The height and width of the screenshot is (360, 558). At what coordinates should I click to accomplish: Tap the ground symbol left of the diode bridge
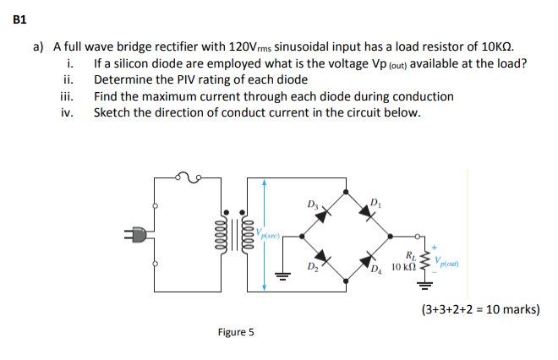(x=282, y=286)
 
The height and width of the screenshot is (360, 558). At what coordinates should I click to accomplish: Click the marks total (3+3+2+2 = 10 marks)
(x=480, y=309)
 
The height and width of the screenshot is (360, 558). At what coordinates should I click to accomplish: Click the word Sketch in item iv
(x=111, y=112)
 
